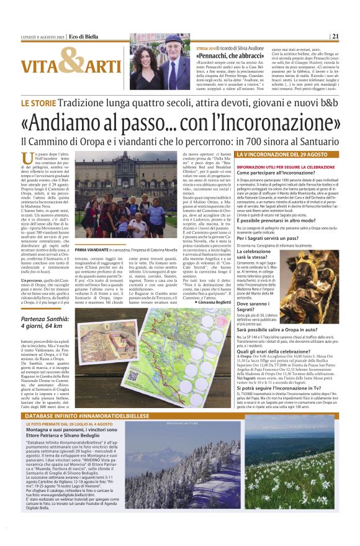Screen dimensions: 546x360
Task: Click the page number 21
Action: (335, 36)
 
